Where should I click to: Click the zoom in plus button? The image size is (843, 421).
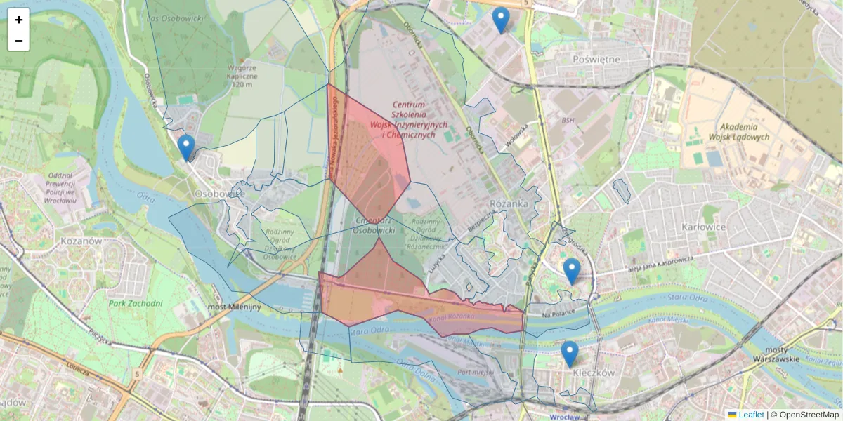[x=19, y=20]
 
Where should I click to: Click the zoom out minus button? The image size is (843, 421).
[x=19, y=41]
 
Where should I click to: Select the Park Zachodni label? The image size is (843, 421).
[x=136, y=304]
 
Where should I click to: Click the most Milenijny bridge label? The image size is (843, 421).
[x=235, y=307]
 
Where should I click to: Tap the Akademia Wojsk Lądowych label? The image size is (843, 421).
[x=745, y=132]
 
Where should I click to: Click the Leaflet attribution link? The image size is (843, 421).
[x=750, y=415]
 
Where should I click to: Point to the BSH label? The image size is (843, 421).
[x=568, y=121]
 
